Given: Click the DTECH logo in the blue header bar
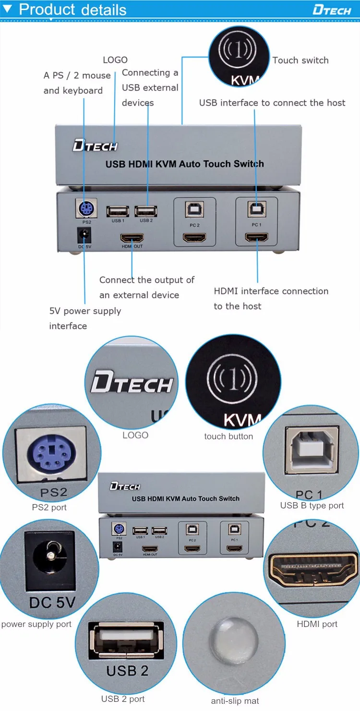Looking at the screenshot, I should point(332,10).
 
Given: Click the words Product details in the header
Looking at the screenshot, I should point(72,10).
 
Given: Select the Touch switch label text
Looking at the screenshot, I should point(300,60).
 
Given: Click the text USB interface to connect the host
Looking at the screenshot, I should point(272,103).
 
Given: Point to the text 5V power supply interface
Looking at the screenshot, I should point(85,318).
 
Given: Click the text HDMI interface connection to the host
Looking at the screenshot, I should point(271,298).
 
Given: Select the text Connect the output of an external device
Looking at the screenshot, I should point(146,287).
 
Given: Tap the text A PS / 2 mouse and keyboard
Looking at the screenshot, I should point(77,83).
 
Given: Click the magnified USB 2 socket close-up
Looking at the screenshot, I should point(126,641).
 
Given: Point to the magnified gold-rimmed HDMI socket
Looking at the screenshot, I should point(315,571).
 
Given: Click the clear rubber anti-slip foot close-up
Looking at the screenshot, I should point(234,641).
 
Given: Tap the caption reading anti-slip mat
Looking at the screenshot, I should point(235,701).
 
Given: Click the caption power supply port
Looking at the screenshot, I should point(36,624).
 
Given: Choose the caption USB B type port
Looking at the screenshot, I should point(312,506).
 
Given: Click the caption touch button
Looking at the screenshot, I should point(228,436).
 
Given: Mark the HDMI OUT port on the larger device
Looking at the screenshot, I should point(132,238).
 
